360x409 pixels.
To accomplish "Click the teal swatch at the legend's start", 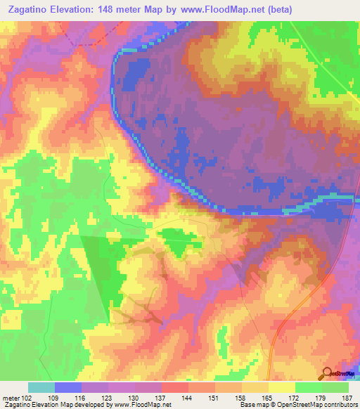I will point(41,388).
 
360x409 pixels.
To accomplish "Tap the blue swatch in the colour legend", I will point(68,388).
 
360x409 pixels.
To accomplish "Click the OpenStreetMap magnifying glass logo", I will point(327,373).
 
